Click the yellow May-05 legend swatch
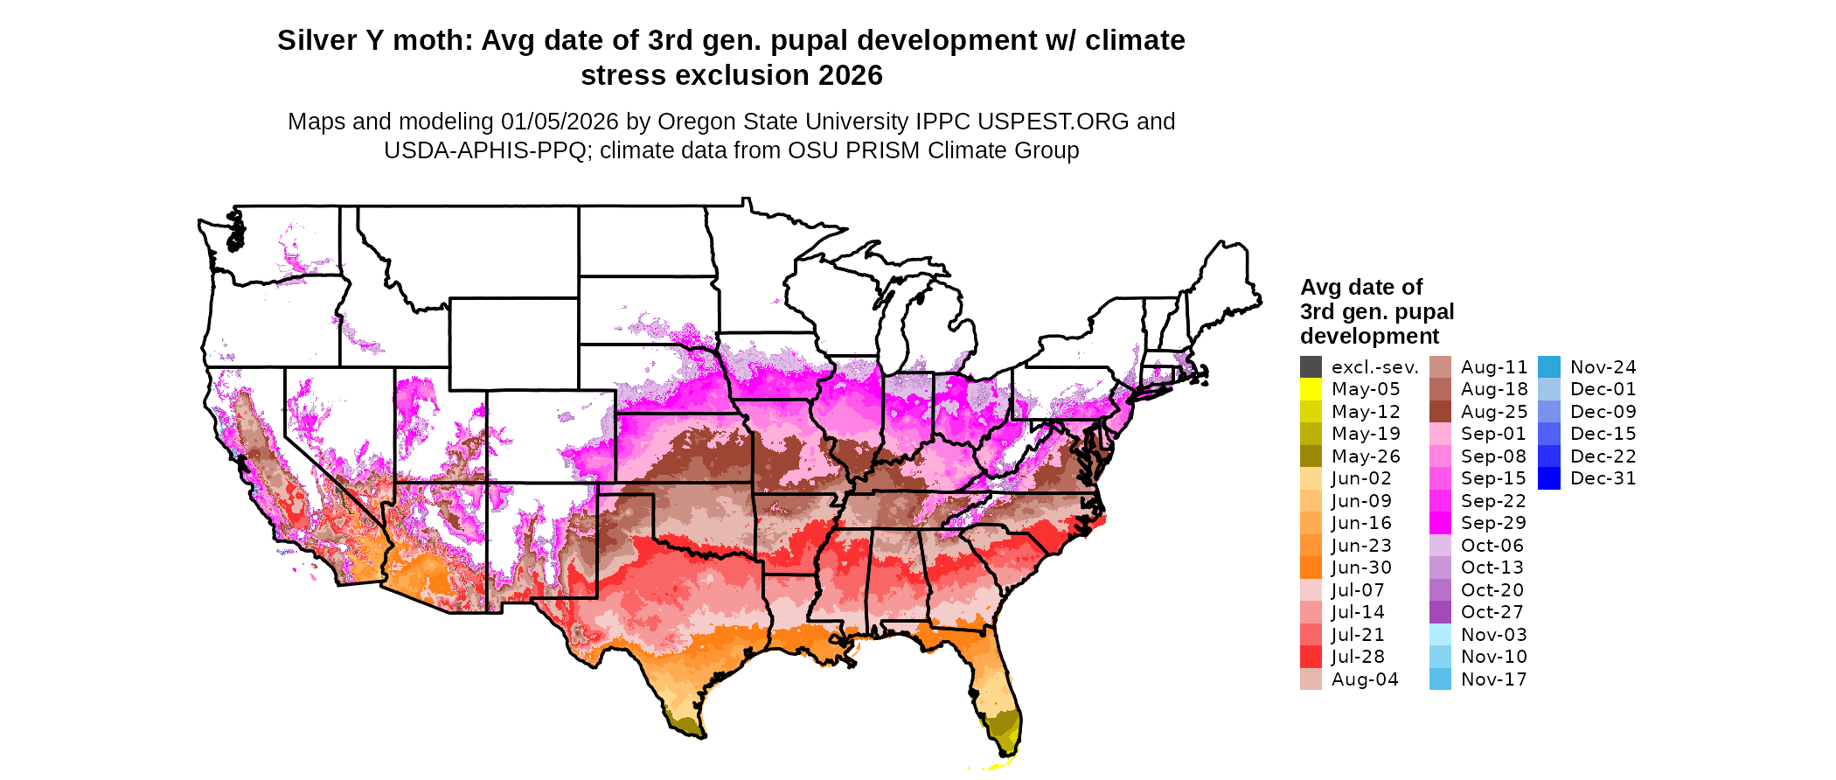click(1311, 389)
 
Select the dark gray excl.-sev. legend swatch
click(1311, 367)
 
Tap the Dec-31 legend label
click(1603, 478)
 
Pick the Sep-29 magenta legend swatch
click(1440, 523)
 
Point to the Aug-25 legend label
click(1494, 412)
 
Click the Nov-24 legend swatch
click(1548, 367)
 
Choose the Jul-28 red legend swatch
click(1311, 657)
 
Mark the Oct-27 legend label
click(1492, 612)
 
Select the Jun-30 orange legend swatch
click(1311, 568)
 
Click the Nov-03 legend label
click(1494, 635)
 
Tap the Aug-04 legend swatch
click(1311, 679)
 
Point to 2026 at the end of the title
click(851, 76)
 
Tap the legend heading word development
click(1369, 337)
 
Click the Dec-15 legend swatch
click(1548, 434)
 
